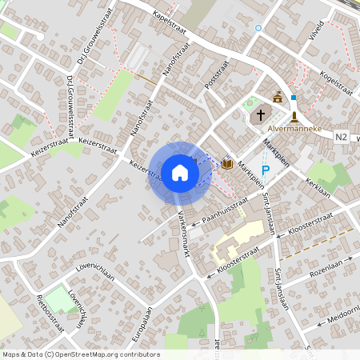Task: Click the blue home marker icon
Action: (x=179, y=172)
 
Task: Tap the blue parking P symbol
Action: (x=266, y=170)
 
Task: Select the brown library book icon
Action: (x=228, y=164)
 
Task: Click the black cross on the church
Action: (x=260, y=116)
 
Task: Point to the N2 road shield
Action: (x=342, y=137)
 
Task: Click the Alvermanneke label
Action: (x=295, y=127)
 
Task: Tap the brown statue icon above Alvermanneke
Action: (x=294, y=116)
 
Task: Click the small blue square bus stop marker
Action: (x=294, y=98)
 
